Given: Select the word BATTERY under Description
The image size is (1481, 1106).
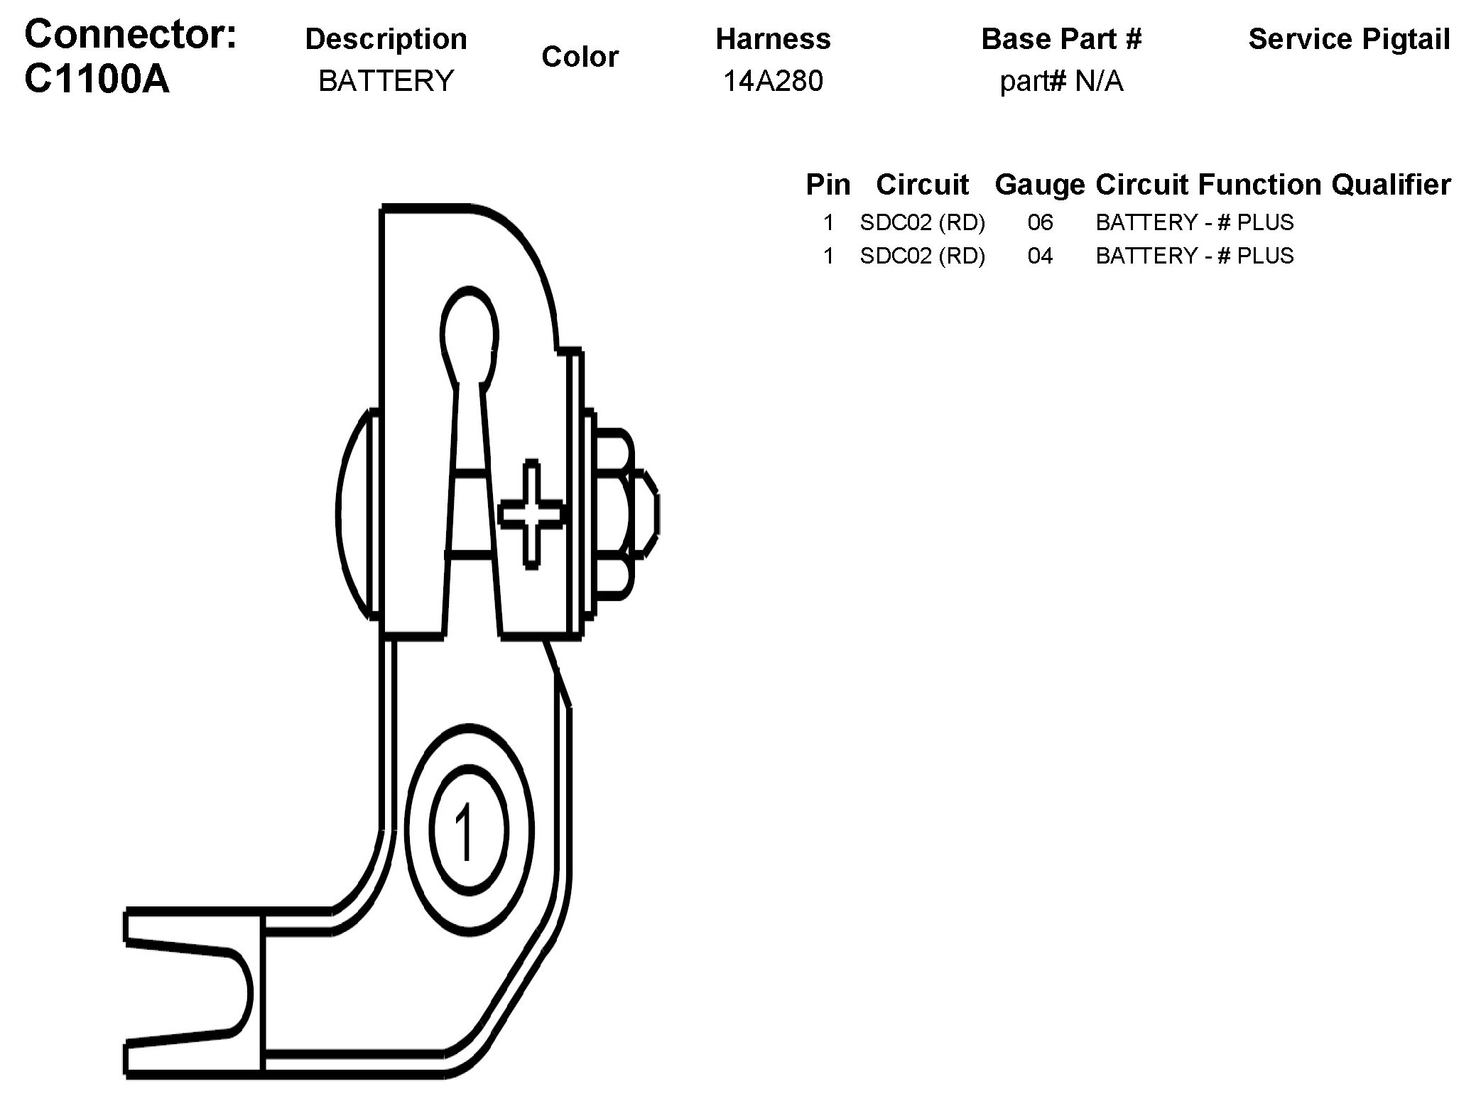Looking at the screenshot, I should (x=386, y=81).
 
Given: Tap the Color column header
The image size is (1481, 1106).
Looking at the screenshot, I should (x=580, y=57).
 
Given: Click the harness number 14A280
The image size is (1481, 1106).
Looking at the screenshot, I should (x=773, y=81).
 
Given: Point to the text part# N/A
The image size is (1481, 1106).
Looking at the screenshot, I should (x=1061, y=82).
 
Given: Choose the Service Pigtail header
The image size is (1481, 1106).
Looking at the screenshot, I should (x=1349, y=39).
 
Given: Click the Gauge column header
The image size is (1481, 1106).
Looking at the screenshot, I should (x=1039, y=185).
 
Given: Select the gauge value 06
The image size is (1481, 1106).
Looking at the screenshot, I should (x=1040, y=223).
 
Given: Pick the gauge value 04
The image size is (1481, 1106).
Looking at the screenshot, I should (x=1040, y=256).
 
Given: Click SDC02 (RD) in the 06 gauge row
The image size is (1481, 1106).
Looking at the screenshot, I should (x=922, y=223).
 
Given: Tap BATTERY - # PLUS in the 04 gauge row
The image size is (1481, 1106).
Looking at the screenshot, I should (x=1194, y=256).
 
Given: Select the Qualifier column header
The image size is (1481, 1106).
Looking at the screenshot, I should (x=1391, y=185).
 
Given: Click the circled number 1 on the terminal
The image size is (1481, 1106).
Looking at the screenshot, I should (x=467, y=830).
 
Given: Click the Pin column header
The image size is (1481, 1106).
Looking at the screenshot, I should (x=828, y=185).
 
